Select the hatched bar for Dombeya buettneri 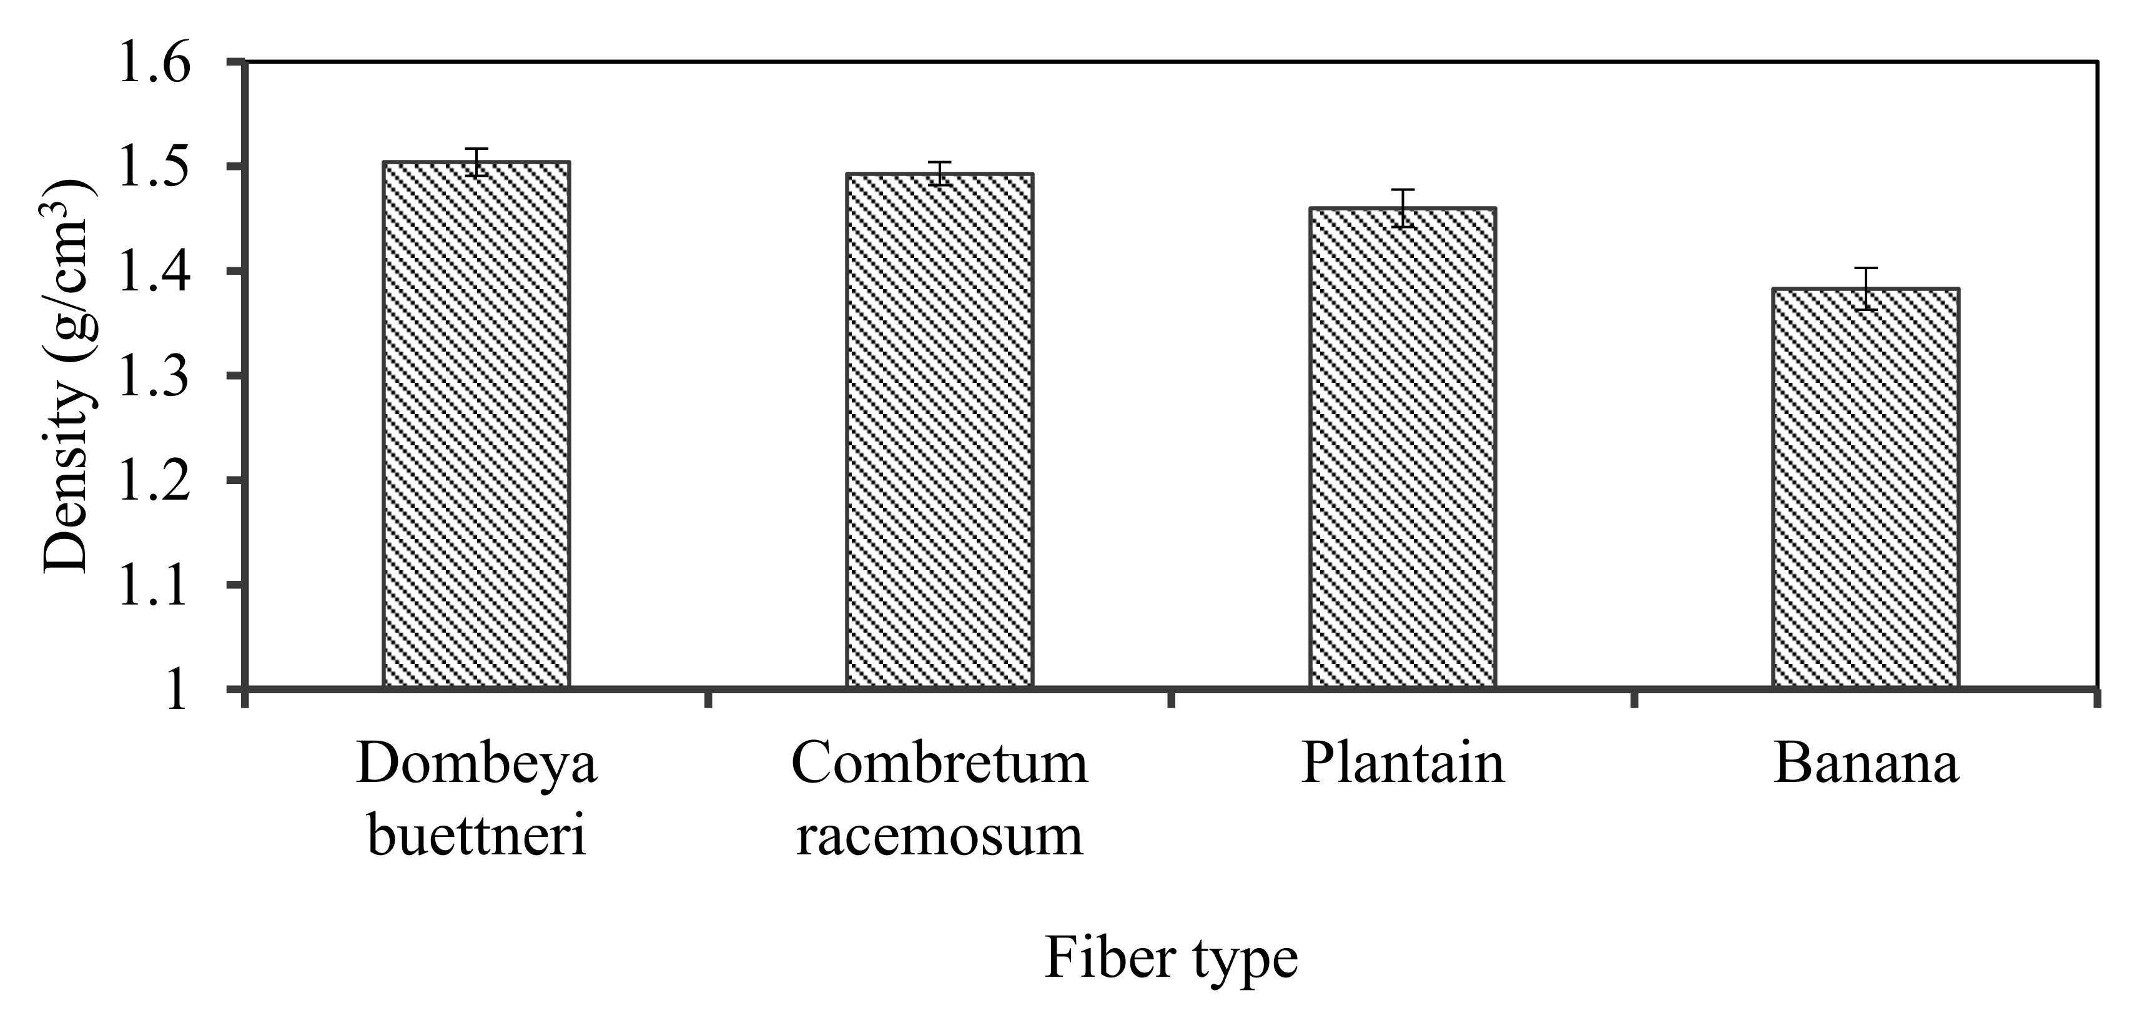click(476, 425)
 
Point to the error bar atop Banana click(1865, 289)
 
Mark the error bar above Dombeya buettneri click(476, 162)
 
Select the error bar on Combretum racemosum click(939, 174)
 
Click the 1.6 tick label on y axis click(155, 62)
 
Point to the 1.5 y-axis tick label click(155, 167)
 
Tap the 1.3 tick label click(155, 376)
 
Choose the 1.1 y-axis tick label click(155, 585)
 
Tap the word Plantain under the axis click(1403, 763)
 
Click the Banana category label click(1865, 763)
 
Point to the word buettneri click(476, 836)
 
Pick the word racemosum click(939, 836)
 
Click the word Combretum click(939, 763)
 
